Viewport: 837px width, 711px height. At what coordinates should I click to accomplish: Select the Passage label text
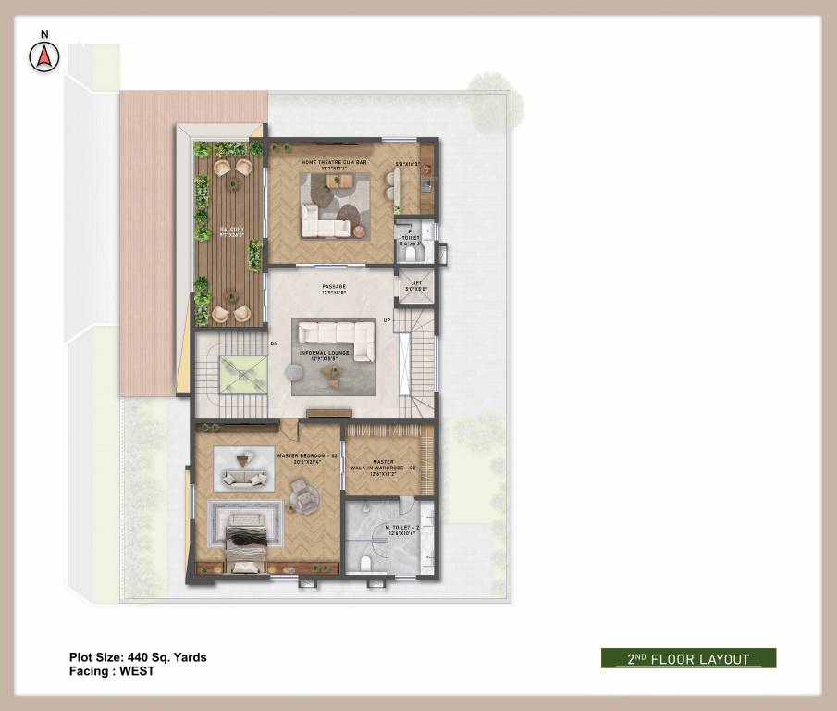coord(334,290)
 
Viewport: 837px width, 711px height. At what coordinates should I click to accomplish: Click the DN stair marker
coord(274,344)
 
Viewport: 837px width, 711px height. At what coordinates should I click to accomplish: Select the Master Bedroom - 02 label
coord(304,458)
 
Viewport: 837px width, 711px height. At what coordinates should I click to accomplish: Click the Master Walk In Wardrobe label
coord(383,466)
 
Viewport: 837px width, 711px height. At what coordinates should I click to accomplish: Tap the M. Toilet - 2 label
coord(402,530)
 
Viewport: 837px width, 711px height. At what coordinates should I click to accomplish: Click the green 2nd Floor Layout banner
coord(688,658)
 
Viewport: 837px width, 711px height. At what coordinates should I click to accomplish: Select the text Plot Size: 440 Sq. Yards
coord(138,657)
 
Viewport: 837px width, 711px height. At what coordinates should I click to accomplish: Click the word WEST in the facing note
coord(136,671)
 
